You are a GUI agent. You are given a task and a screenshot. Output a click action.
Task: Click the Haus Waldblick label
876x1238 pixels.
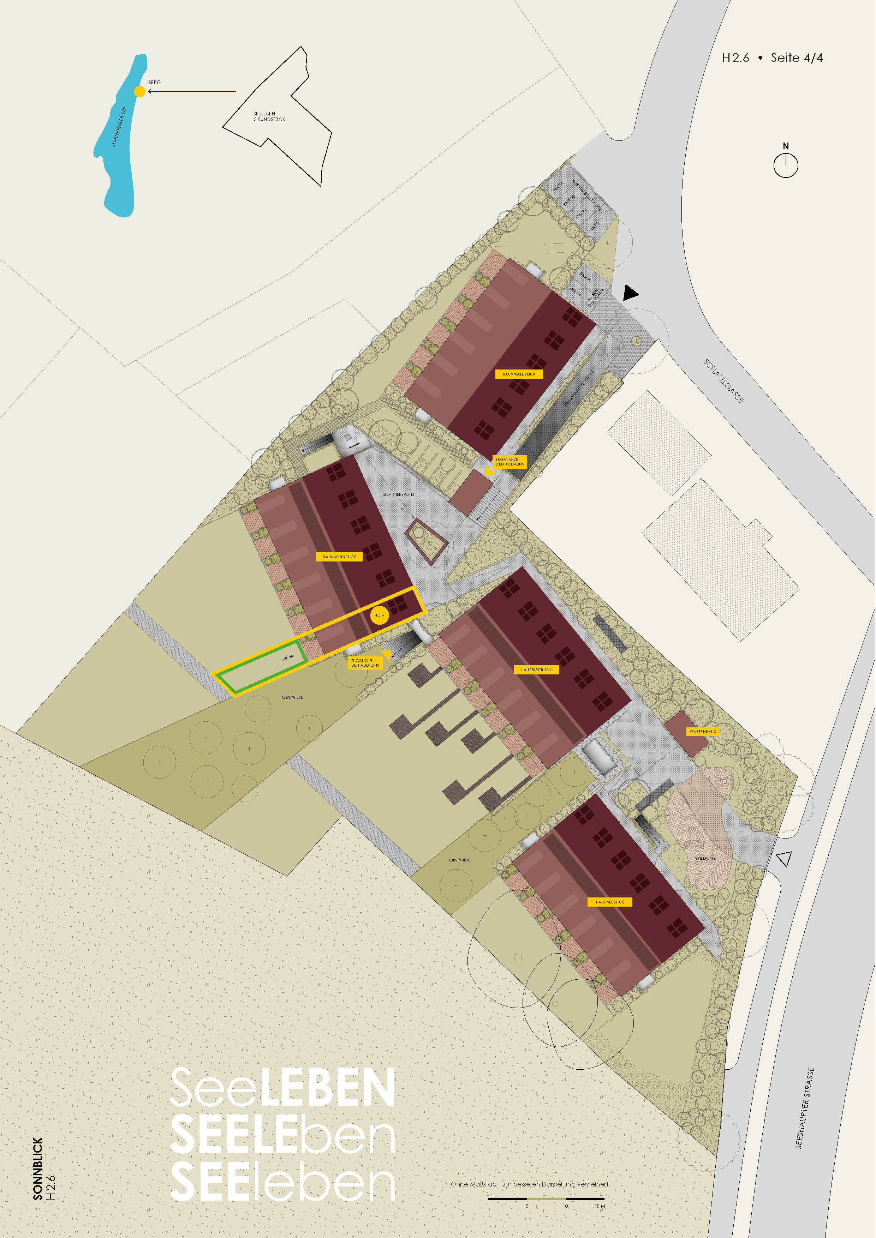click(x=519, y=374)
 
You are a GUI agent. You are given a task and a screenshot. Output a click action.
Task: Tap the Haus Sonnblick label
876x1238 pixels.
click(x=339, y=557)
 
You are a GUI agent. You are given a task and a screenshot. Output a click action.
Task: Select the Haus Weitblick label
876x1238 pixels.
click(x=536, y=670)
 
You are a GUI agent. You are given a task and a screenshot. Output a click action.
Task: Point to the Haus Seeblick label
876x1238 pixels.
click(x=609, y=902)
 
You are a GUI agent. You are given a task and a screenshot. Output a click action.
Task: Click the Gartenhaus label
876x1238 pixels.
click(x=703, y=732)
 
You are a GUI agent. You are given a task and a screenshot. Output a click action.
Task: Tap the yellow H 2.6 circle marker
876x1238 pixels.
click(x=379, y=615)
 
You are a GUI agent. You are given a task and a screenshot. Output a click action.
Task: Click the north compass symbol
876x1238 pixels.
click(x=785, y=164)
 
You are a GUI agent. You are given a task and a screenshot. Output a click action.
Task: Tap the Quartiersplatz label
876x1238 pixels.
click(x=398, y=494)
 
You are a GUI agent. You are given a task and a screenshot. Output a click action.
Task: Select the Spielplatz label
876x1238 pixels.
click(x=705, y=858)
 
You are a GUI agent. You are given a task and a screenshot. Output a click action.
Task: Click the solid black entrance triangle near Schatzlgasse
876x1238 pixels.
click(x=630, y=293)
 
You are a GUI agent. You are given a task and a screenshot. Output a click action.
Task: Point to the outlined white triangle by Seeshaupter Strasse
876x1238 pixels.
click(x=784, y=858)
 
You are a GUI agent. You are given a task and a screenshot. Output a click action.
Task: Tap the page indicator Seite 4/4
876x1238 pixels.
click(x=796, y=58)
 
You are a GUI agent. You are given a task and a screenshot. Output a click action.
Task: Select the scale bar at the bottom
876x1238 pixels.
click(x=546, y=1198)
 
